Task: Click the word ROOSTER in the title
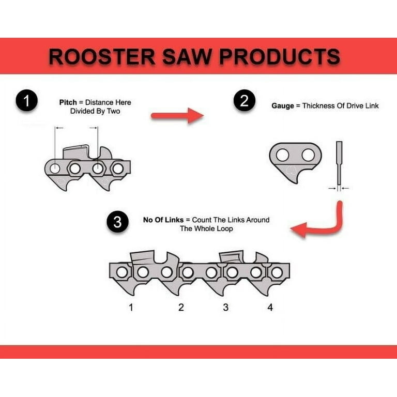pos(102,56)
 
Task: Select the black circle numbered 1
pos(26,100)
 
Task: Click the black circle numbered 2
pos(245,100)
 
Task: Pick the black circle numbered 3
pos(117,222)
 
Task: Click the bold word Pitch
pos(68,102)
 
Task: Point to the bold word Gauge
pos(283,106)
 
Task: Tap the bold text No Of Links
pos(163,220)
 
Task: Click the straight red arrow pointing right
pos(177,116)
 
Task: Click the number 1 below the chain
pos(131,308)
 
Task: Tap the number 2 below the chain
pos(181,308)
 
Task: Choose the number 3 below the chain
pos(225,308)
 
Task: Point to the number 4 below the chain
pos(270,308)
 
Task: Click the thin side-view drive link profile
pos(339,163)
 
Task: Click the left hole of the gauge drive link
pos(283,155)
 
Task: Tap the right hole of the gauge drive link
pos(308,155)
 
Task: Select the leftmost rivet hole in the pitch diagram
pos(55,169)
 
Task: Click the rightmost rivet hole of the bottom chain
pos(277,273)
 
